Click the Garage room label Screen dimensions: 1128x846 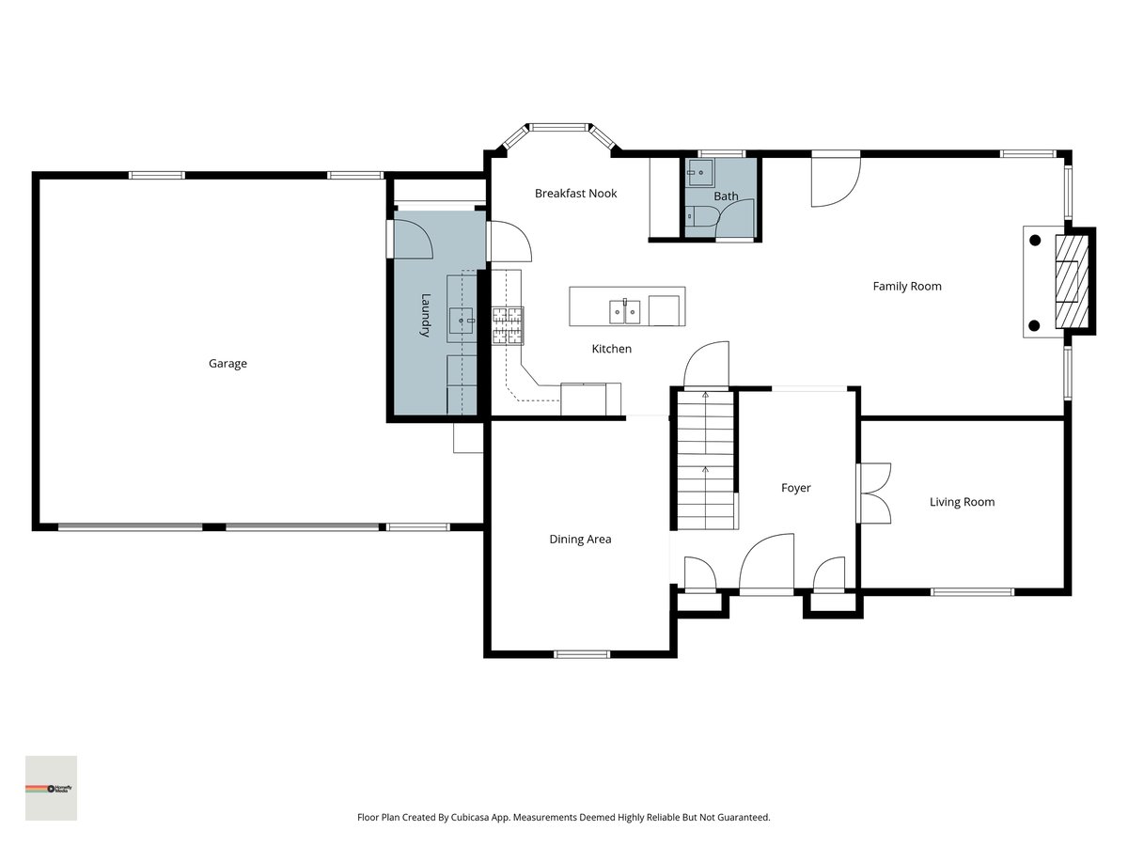[x=227, y=364]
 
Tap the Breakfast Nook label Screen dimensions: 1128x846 [x=575, y=194]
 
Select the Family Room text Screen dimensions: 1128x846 [x=907, y=287]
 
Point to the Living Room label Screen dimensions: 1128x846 [x=962, y=502]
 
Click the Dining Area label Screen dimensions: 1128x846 [x=580, y=540]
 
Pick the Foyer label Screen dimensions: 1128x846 [x=795, y=488]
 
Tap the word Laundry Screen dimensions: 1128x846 [x=425, y=315]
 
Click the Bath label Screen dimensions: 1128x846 [x=726, y=196]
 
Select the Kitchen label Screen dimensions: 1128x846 [x=612, y=350]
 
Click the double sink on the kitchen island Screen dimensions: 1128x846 [x=625, y=311]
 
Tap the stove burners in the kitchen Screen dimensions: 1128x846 [x=508, y=325]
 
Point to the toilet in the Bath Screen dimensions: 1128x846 [x=701, y=217]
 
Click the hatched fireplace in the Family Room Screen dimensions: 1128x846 [x=1072, y=281]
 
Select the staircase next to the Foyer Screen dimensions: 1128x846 [x=705, y=460]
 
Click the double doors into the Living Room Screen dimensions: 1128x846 [x=873, y=493]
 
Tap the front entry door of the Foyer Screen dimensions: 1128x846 [x=767, y=564]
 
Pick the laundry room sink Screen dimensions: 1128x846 [x=461, y=321]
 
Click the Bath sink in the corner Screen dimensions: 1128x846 [x=699, y=173]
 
